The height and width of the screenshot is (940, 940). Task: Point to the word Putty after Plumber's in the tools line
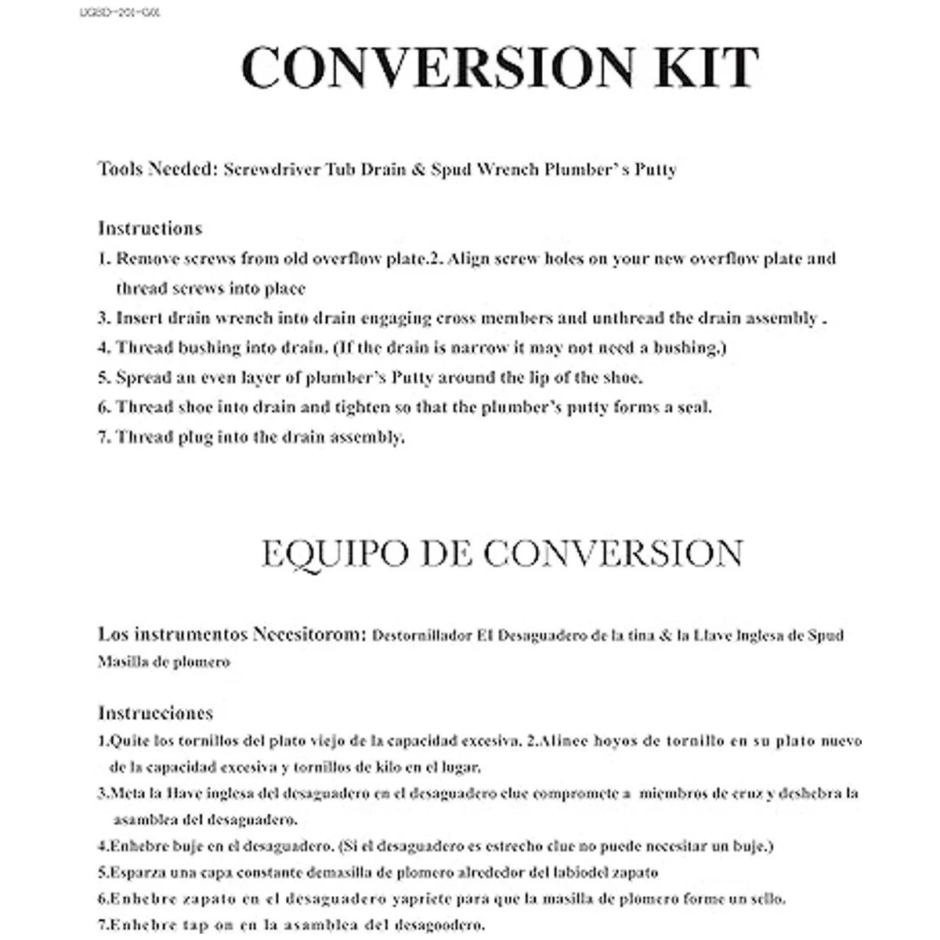tap(655, 169)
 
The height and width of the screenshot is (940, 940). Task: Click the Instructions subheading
tap(150, 229)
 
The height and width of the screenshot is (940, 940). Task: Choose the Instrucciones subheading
tap(155, 713)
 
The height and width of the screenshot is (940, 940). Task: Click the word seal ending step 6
tap(693, 407)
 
